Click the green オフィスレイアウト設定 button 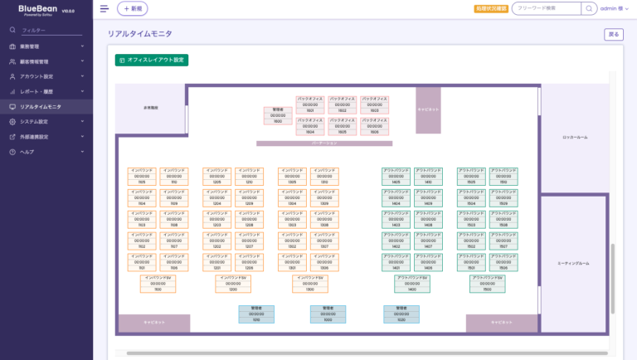(152, 61)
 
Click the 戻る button (613, 35)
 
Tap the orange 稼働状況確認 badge (491, 8)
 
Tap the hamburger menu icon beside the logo (104, 8)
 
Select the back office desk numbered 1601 (310, 105)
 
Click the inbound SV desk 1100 (158, 284)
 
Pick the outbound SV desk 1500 (488, 284)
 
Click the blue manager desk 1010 (256, 314)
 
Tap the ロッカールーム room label (575, 137)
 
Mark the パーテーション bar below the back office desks (323, 144)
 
